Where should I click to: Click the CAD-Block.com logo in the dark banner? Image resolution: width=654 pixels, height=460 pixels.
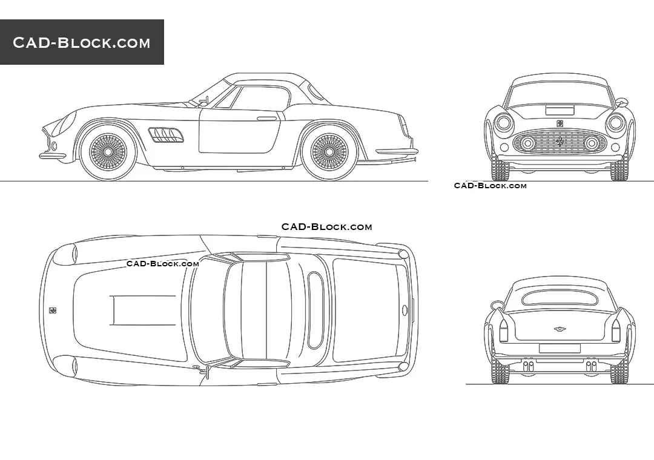pyautogui.click(x=81, y=42)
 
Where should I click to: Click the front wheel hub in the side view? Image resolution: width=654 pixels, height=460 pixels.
pyautogui.click(x=108, y=152)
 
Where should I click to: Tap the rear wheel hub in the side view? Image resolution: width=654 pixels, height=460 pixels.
pyautogui.click(x=329, y=152)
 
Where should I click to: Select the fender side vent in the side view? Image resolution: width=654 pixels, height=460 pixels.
pyautogui.click(x=165, y=134)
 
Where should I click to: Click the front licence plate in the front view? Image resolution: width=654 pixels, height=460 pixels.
pyautogui.click(x=560, y=111)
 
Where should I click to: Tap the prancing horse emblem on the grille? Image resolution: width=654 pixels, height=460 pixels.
pyautogui.click(x=560, y=142)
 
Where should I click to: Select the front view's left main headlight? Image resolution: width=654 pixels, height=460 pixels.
pyautogui.click(x=503, y=123)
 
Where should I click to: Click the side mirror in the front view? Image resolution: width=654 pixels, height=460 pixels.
pyautogui.click(x=622, y=102)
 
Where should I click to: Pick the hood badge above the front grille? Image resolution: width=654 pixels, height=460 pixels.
pyautogui.click(x=560, y=123)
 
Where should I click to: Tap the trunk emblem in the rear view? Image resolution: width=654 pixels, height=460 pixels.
pyautogui.click(x=560, y=329)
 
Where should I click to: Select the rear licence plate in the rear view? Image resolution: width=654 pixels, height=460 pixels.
pyautogui.click(x=560, y=349)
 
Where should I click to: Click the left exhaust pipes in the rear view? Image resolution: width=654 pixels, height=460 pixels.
pyautogui.click(x=528, y=367)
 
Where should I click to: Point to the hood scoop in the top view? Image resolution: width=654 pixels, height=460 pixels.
pyautogui.click(x=143, y=310)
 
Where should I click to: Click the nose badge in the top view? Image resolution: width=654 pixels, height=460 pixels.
pyautogui.click(x=53, y=310)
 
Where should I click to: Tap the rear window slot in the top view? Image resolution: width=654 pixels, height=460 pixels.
pyautogui.click(x=315, y=310)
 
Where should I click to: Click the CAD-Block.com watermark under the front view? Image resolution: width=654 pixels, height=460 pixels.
pyautogui.click(x=490, y=186)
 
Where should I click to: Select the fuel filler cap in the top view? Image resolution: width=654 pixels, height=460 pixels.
pyautogui.click(x=405, y=310)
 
